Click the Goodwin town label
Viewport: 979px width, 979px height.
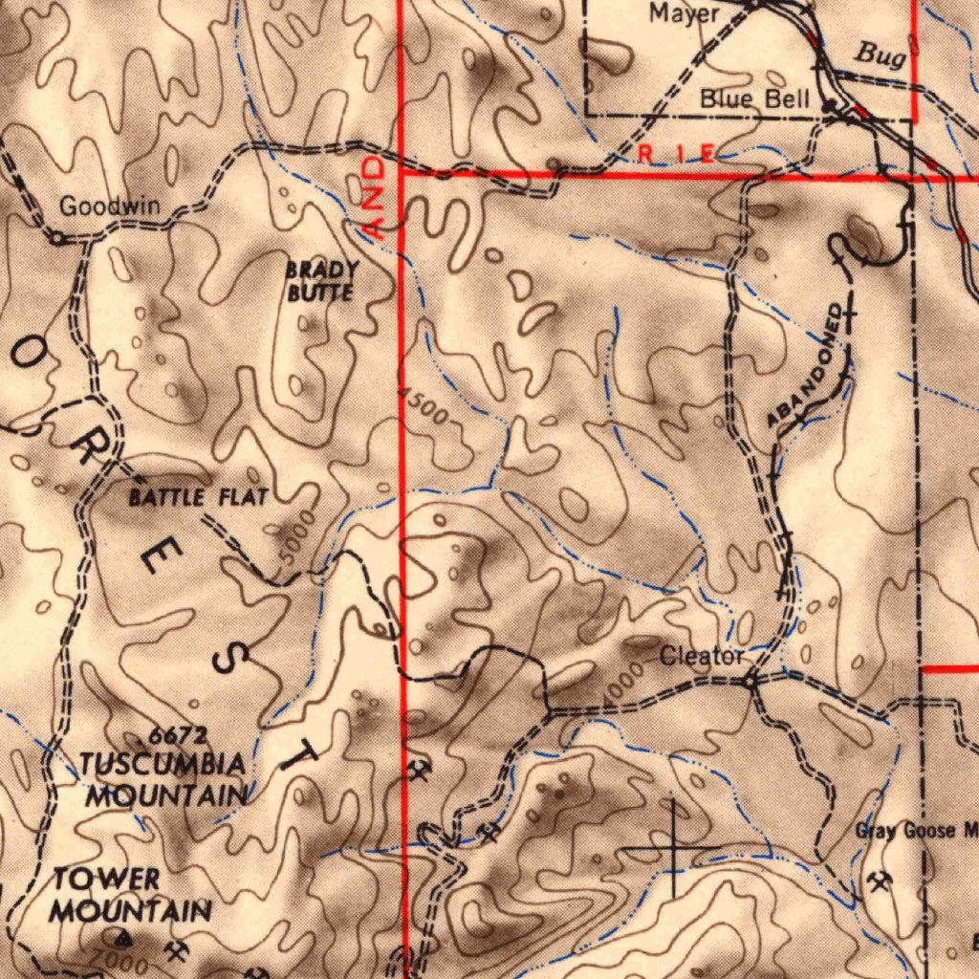(x=110, y=207)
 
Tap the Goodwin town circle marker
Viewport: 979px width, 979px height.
(x=57, y=238)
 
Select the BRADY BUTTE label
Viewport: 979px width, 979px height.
(x=322, y=282)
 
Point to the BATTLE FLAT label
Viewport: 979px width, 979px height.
(x=198, y=497)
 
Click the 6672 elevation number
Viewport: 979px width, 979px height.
(x=178, y=736)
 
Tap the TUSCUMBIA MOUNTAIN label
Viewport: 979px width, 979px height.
(x=163, y=779)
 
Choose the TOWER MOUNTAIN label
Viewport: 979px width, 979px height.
(x=130, y=895)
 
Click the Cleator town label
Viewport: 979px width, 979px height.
(x=702, y=657)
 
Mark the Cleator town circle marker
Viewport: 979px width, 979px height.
(x=751, y=682)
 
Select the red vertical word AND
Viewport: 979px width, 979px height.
(x=377, y=199)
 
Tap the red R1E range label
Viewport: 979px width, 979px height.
(x=675, y=153)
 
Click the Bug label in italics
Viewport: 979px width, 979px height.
(x=880, y=55)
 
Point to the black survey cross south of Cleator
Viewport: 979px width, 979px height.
(x=673, y=848)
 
